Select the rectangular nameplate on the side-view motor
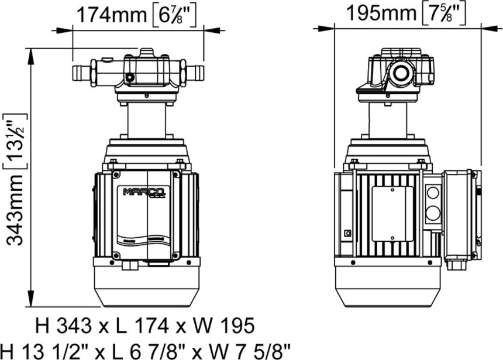[x=392, y=213]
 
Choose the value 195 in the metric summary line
[x=235, y=325]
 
